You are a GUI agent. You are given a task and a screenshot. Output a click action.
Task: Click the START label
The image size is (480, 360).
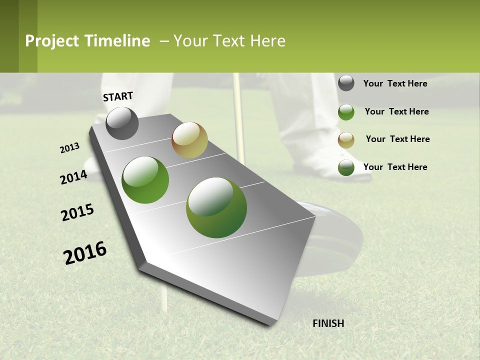(x=118, y=96)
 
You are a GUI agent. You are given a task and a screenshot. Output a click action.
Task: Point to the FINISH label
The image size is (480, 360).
(x=328, y=323)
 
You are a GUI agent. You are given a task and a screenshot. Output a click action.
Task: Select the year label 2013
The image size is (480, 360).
(x=70, y=148)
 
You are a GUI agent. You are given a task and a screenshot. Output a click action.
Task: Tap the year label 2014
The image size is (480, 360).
(x=73, y=177)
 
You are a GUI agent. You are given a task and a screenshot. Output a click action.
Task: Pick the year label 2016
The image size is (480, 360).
(x=85, y=253)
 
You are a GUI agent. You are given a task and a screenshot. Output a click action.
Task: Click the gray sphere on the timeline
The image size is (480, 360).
(x=122, y=123)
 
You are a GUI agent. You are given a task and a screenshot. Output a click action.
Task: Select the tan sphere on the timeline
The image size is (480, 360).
(x=189, y=140)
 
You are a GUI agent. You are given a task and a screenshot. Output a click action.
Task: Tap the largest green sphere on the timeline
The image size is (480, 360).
(x=216, y=207)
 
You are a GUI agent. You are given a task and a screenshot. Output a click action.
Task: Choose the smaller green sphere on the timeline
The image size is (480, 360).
(x=145, y=180)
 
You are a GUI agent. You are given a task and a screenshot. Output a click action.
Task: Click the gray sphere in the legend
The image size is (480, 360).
(x=346, y=83)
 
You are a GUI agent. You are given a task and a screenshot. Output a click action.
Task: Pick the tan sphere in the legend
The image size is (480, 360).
(x=346, y=140)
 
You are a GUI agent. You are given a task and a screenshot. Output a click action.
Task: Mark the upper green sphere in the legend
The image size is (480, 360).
(x=346, y=112)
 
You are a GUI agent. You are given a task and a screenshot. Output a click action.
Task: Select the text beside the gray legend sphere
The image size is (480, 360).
(x=395, y=83)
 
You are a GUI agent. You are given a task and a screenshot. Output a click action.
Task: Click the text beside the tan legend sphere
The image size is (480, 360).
(x=397, y=139)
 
